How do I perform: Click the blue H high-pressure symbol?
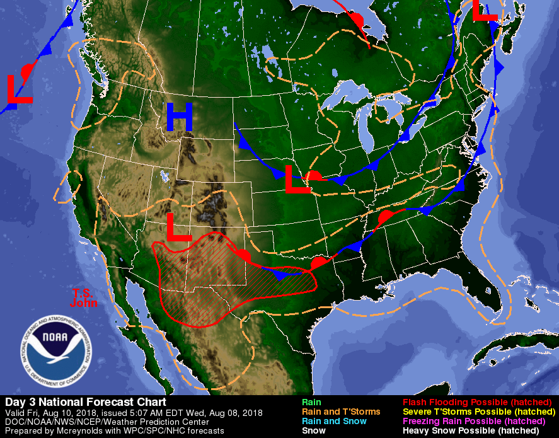180,117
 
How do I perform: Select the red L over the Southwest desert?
178,228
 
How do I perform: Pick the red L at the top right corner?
485,10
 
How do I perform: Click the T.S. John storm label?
85,297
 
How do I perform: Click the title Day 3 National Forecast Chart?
86,402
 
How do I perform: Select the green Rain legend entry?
311,402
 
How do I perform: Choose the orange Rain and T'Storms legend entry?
341,412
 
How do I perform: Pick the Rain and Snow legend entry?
334,421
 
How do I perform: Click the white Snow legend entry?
313,430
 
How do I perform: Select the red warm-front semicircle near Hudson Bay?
357,19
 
